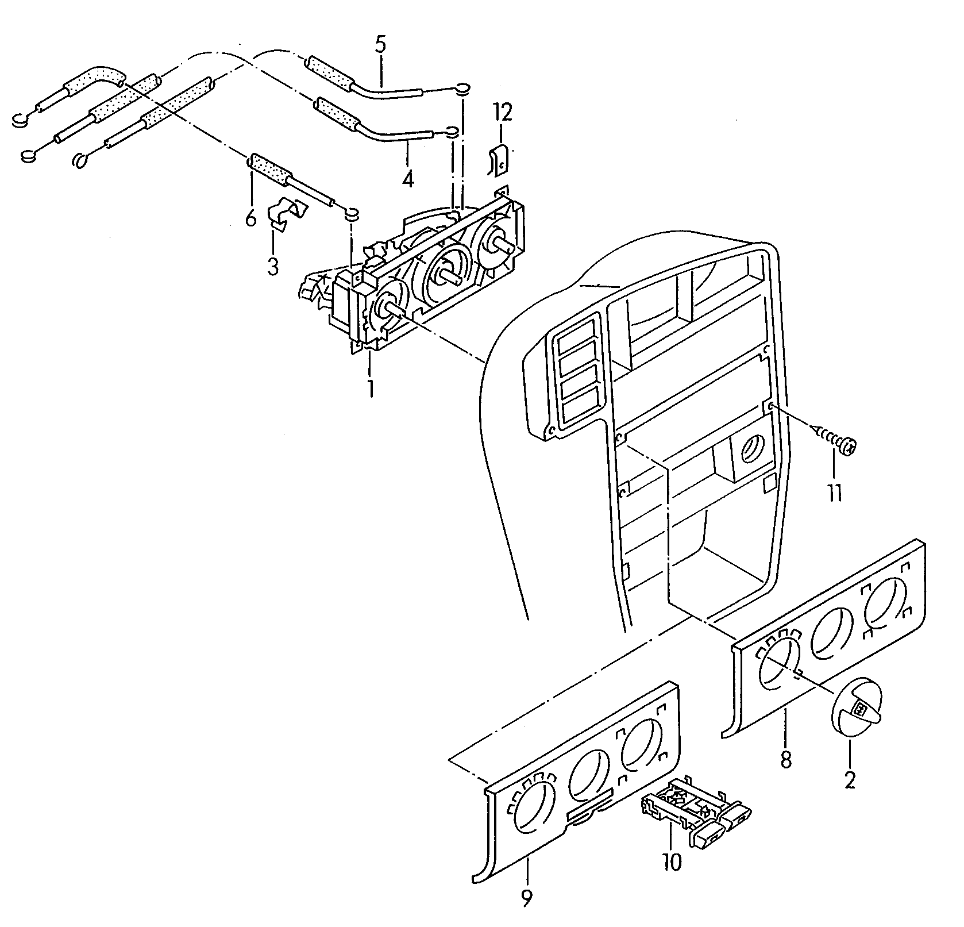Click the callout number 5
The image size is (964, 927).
tap(381, 44)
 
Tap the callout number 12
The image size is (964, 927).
tap(502, 113)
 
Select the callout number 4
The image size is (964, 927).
tap(407, 179)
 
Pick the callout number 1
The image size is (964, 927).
tap(371, 388)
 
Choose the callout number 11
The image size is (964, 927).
tap(834, 492)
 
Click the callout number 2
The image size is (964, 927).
tap(850, 779)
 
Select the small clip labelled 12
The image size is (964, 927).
tap(499, 159)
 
